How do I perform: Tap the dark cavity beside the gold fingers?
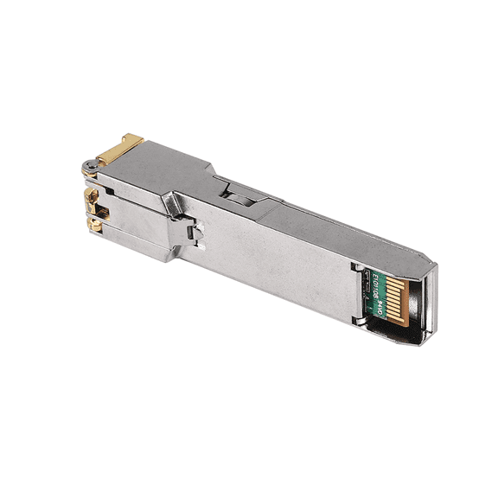click(x=413, y=298)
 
